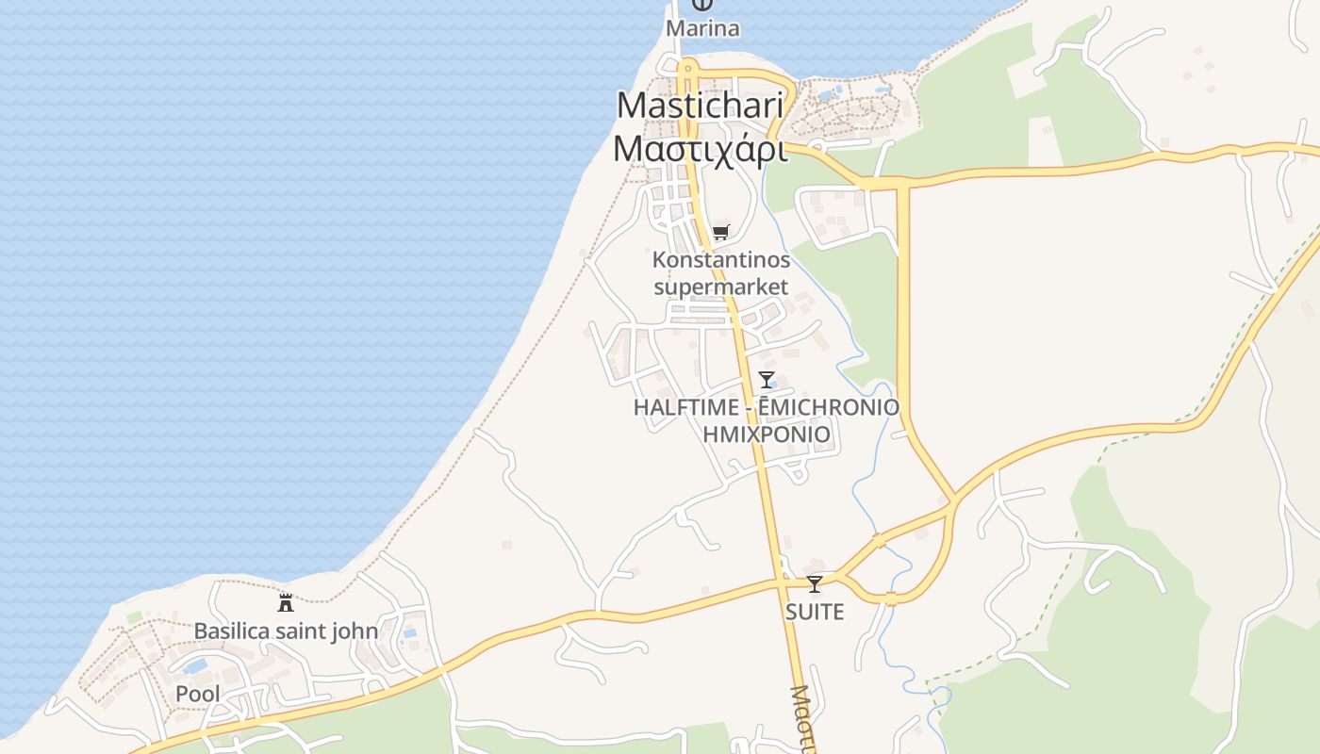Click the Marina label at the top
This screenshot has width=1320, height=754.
[702, 28]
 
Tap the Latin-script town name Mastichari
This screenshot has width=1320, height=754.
[700, 106]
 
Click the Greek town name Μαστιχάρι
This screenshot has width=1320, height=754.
[700, 149]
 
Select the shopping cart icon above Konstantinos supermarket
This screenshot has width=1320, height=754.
[721, 232]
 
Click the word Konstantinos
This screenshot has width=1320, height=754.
[721, 259]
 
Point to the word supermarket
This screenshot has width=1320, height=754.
[721, 286]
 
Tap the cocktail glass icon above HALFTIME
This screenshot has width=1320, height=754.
[767, 380]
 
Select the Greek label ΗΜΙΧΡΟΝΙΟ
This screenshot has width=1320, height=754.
[767, 434]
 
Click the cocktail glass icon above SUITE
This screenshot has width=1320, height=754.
[815, 584]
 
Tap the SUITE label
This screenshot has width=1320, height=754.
[815, 612]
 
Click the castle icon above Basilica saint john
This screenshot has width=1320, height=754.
[286, 603]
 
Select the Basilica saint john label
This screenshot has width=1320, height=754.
[286, 631]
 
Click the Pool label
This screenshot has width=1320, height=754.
[198, 695]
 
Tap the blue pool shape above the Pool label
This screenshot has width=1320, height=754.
[196, 666]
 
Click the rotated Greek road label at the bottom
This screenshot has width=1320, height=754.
[801, 721]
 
